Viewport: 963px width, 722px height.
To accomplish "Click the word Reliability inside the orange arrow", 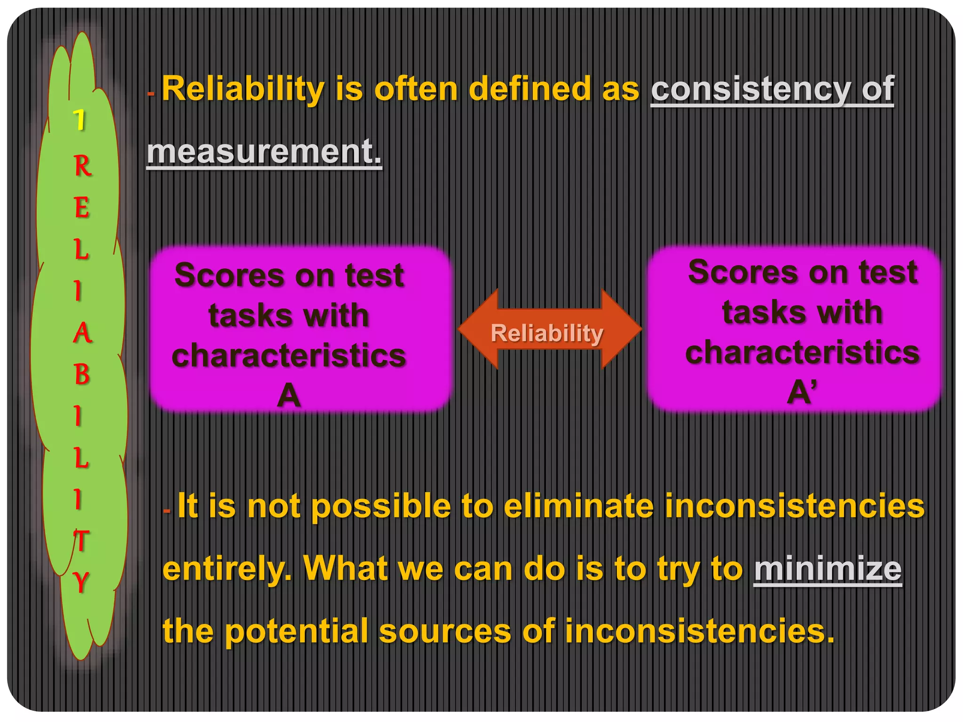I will pyautogui.click(x=546, y=333).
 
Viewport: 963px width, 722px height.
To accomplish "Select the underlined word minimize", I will pyautogui.click(x=828, y=569).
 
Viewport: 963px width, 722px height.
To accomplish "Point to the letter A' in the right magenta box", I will pyautogui.click(x=802, y=392).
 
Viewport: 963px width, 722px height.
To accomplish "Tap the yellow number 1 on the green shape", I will pyautogui.click(x=80, y=120).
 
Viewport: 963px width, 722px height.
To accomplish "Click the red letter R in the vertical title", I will pyautogui.click(x=82, y=166).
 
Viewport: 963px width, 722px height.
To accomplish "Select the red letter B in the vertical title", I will pyautogui.click(x=82, y=375).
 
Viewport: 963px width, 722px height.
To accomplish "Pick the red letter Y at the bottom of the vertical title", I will pyautogui.click(x=81, y=582).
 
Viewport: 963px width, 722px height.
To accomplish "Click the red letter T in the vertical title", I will pyautogui.click(x=81, y=541).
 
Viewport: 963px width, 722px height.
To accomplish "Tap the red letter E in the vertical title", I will pyautogui.click(x=81, y=207).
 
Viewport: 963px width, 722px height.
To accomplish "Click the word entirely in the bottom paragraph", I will pyautogui.click(x=226, y=569).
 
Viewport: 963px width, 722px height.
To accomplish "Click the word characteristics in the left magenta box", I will pyautogui.click(x=289, y=355).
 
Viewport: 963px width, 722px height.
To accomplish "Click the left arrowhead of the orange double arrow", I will pyautogui.click(x=477, y=329).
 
